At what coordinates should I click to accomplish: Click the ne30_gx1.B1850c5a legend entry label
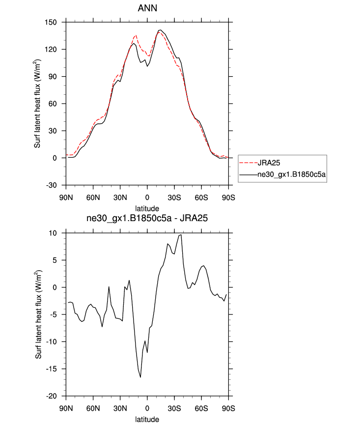292,174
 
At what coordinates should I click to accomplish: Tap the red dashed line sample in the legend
248,162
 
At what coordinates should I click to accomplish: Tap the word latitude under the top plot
147,208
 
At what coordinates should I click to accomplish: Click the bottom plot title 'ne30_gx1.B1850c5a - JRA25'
147,220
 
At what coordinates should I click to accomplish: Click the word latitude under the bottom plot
147,420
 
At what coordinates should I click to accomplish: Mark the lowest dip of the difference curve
140,377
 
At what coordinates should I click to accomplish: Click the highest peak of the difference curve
181,235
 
